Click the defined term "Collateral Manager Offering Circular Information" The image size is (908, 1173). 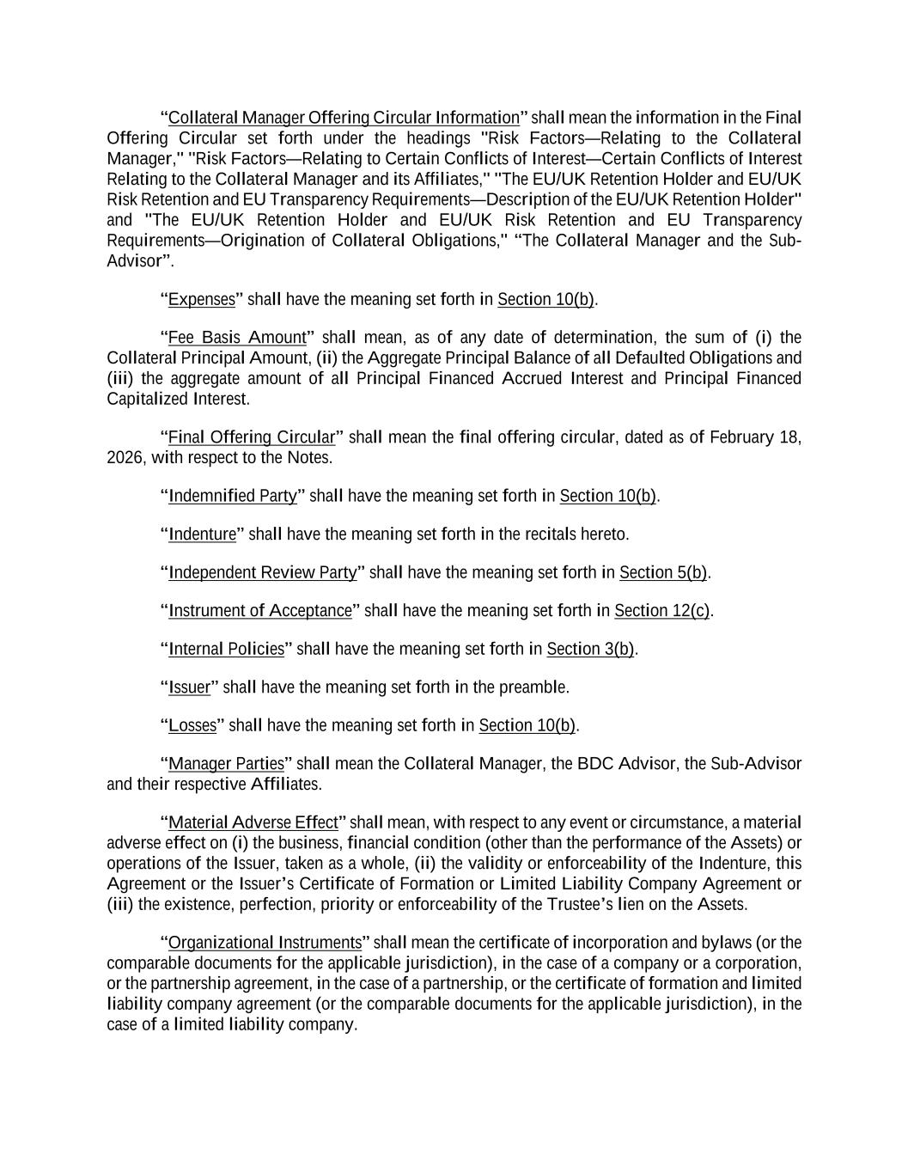click(344, 118)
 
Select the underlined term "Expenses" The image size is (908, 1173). click(202, 300)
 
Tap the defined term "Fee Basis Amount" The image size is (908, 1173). click(237, 338)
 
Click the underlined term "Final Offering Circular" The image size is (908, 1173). click(252, 437)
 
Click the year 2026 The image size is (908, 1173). click(125, 458)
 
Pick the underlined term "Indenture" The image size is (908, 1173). click(202, 535)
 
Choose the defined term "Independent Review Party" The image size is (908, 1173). click(262, 573)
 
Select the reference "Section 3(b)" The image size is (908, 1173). click(590, 650)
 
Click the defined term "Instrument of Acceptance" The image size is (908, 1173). click(260, 611)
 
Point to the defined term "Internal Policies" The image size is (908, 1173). click(226, 650)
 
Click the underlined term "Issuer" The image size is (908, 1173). click(189, 687)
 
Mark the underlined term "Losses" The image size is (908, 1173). click(192, 726)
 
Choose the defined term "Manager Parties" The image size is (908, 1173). click(226, 764)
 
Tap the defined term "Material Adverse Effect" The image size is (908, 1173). click(253, 823)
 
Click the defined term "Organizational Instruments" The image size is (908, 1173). click(265, 943)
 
